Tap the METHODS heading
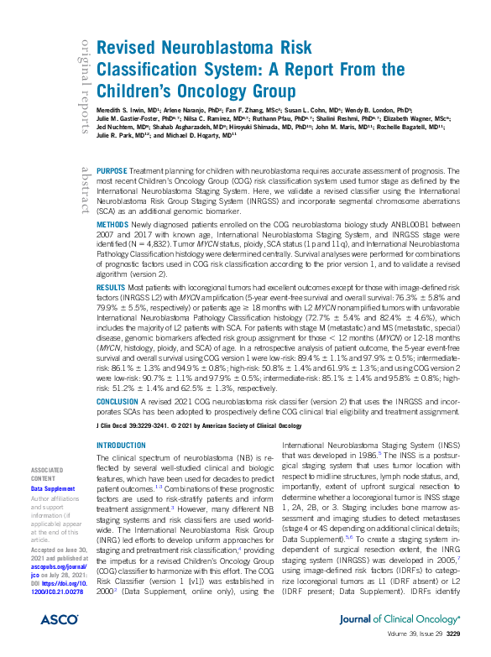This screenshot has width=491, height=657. [112, 226]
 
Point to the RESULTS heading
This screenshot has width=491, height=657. [111, 287]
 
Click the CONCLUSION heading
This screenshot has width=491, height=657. [118, 402]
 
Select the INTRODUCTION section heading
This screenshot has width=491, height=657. [122, 445]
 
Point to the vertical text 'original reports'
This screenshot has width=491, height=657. [85, 84]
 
